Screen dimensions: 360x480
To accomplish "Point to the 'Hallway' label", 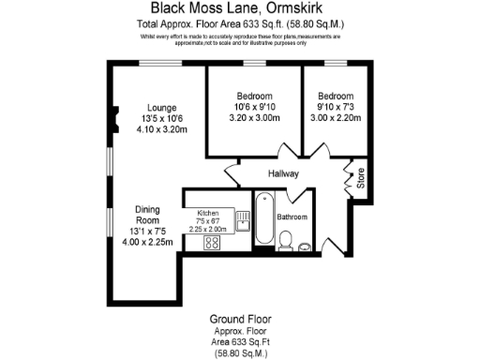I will (282, 173).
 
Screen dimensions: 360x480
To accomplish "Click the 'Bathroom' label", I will (292, 217).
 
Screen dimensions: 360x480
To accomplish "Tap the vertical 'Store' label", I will (360, 179).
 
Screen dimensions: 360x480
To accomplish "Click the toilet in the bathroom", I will (287, 247).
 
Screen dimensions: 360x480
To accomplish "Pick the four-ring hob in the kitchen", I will (212, 243).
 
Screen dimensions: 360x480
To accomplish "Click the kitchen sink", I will (242, 223).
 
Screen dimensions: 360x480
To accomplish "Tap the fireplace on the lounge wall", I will (113, 118).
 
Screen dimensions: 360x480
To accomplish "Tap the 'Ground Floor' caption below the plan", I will (240, 321).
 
